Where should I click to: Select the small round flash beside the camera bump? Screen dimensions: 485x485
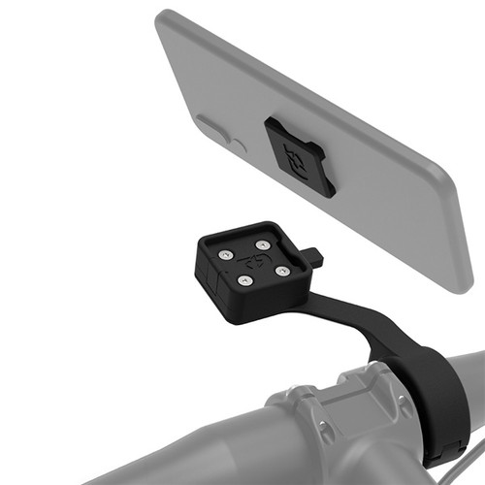[239, 145]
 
